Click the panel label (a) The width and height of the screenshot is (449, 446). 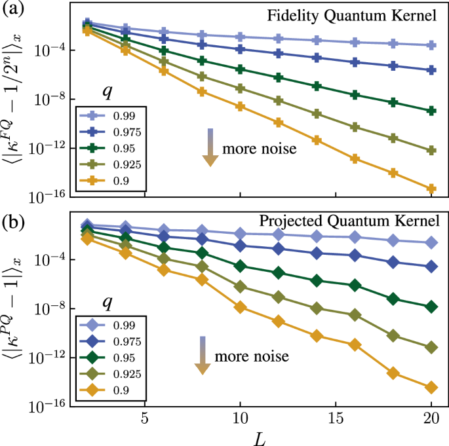point(14,10)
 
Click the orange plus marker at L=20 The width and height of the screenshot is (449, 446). point(431,189)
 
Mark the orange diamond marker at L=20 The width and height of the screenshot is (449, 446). point(431,388)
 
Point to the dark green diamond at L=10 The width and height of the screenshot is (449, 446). point(241,266)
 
